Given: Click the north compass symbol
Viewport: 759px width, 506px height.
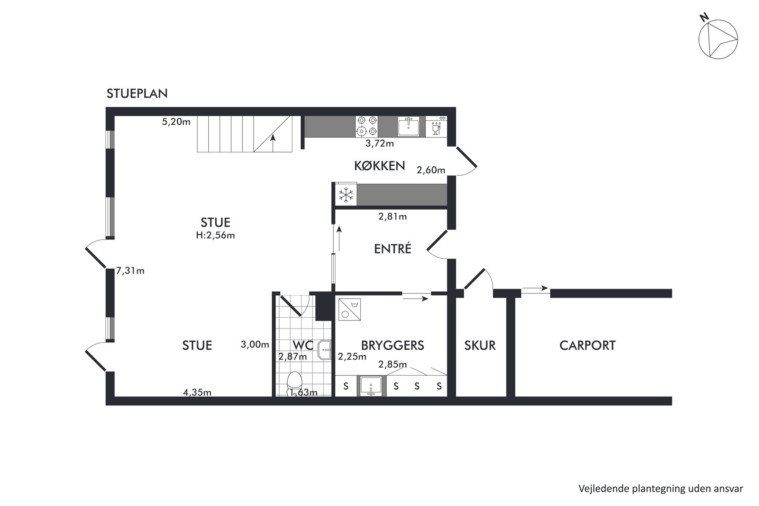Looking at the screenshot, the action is [718, 39].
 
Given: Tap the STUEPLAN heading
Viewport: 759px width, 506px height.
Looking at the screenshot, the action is [137, 94].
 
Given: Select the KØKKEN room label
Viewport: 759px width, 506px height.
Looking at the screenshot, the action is [379, 166].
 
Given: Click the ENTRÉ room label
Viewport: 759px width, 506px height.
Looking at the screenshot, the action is [393, 249].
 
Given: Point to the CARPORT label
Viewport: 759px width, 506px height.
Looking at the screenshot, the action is [587, 345].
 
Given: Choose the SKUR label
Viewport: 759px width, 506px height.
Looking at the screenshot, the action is [480, 345].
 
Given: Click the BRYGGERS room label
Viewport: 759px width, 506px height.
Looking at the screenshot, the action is [393, 345].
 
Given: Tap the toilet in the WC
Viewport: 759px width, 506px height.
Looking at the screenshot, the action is [295, 384].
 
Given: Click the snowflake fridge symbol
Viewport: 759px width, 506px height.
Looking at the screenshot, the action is [346, 195].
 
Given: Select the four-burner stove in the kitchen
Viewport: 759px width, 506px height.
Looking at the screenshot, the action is [366, 127].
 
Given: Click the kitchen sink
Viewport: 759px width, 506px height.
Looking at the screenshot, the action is [409, 127].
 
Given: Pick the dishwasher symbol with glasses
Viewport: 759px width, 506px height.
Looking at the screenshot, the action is [436, 127].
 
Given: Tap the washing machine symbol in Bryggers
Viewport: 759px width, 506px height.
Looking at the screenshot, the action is [349, 309].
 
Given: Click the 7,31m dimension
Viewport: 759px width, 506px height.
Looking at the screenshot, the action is [130, 271].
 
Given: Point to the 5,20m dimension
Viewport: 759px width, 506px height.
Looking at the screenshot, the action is [176, 122].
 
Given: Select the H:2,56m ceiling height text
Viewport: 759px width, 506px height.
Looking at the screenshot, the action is [215, 235].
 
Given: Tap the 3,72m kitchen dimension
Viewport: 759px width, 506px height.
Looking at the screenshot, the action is [379, 144].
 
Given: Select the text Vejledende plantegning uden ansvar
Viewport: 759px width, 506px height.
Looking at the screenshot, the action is [661, 488].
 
